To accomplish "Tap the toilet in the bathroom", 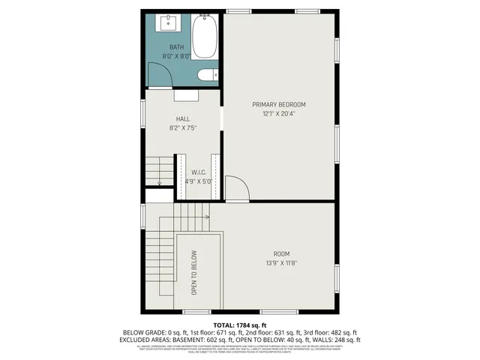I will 206,74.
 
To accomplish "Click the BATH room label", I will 176,47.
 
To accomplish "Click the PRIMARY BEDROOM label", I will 279,104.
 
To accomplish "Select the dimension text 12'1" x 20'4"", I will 279,114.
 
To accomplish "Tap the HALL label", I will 183,119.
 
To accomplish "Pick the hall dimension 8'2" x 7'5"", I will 183,128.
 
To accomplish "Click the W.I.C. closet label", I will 199,172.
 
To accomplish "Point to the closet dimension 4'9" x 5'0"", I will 199,181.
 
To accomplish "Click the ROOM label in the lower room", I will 280,253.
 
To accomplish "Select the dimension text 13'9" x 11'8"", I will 280,262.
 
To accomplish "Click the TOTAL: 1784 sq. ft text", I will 240,323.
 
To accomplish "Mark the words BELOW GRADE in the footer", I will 142,332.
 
